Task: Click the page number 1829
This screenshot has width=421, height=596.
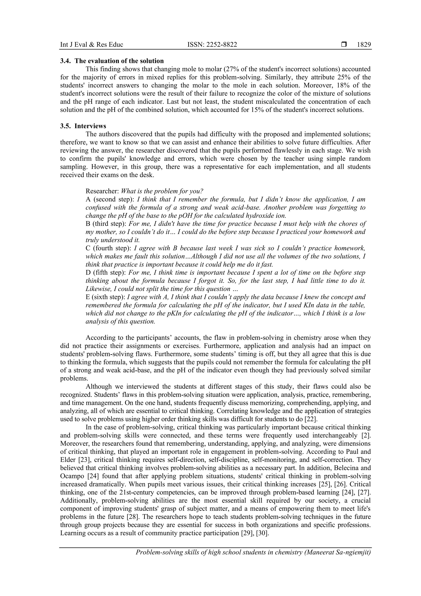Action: coord(364,45)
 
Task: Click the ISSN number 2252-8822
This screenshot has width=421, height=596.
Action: coord(212,45)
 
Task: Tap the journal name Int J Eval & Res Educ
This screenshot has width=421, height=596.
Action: coord(91,45)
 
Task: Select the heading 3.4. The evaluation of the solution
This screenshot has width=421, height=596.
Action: coord(112,61)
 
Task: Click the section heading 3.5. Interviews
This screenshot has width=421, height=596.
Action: coord(83,126)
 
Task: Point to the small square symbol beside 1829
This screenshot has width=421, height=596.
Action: coord(344,45)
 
